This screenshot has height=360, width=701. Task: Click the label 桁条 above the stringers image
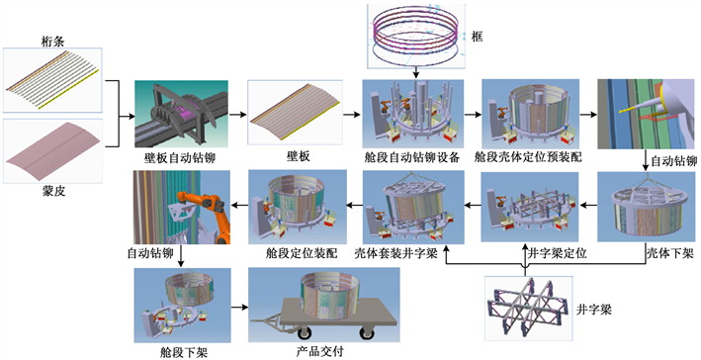(x=51, y=43)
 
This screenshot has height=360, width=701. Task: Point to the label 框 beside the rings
(x=478, y=37)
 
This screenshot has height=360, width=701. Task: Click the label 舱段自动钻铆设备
(x=411, y=158)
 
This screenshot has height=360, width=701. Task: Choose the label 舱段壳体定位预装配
(x=529, y=158)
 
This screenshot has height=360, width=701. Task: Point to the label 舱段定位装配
(x=300, y=254)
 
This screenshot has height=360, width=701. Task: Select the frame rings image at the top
(x=416, y=36)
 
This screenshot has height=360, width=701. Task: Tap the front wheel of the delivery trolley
(x=306, y=333)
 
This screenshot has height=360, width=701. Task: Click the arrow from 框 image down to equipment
(x=416, y=72)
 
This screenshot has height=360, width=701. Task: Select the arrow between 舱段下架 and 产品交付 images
(x=239, y=308)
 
